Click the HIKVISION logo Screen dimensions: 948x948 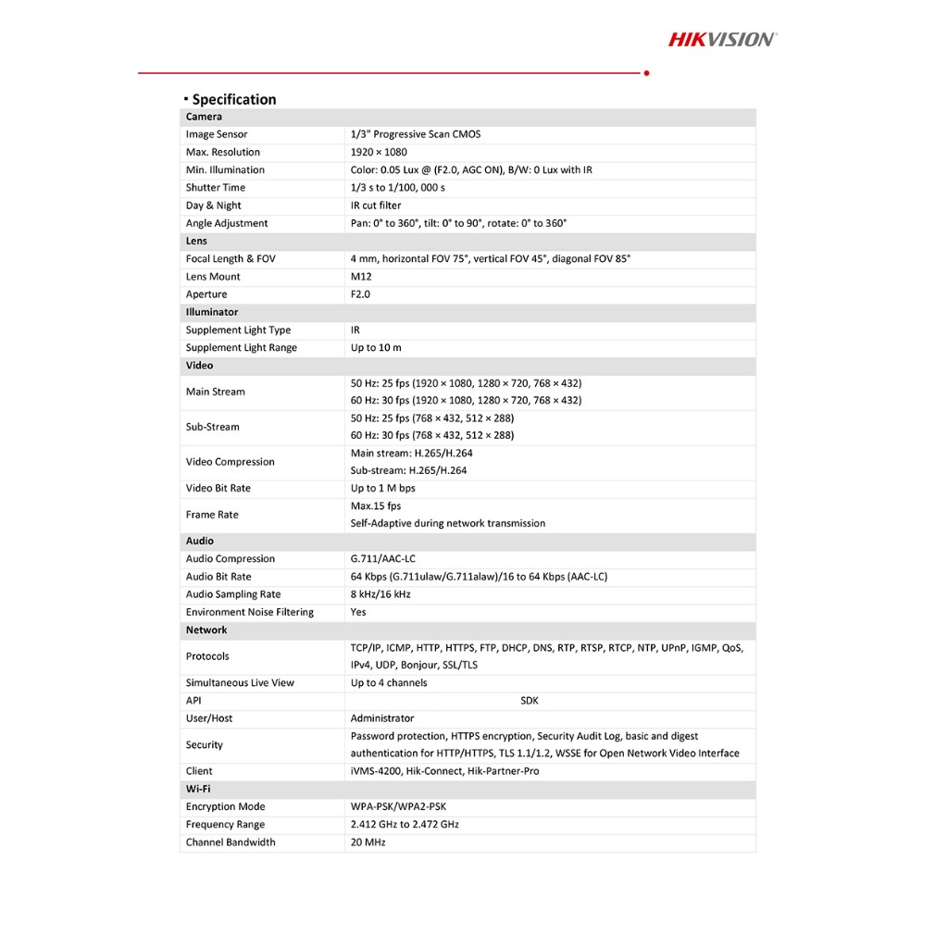[722, 39]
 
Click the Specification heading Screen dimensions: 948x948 [233, 99]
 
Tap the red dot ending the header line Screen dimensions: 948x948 [646, 72]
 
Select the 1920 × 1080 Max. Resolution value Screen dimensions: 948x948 [379, 152]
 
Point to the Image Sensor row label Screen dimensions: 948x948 [217, 134]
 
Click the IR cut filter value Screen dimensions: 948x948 [376, 206]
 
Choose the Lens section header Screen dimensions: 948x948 [196, 241]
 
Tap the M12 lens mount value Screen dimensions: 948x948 [361, 277]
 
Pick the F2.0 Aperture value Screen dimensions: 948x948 [360, 294]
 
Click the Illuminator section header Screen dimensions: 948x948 [212, 312]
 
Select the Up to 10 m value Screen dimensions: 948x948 [376, 348]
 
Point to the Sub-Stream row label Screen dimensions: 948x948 [212, 427]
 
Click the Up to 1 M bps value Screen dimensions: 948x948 [382, 488]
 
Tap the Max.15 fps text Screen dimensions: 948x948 [376, 506]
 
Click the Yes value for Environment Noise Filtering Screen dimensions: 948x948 [358, 612]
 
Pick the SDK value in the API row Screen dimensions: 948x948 [530, 701]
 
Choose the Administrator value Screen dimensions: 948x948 [382, 718]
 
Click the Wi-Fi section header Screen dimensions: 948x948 [198, 789]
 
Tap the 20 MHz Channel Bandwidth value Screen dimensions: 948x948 [368, 842]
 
